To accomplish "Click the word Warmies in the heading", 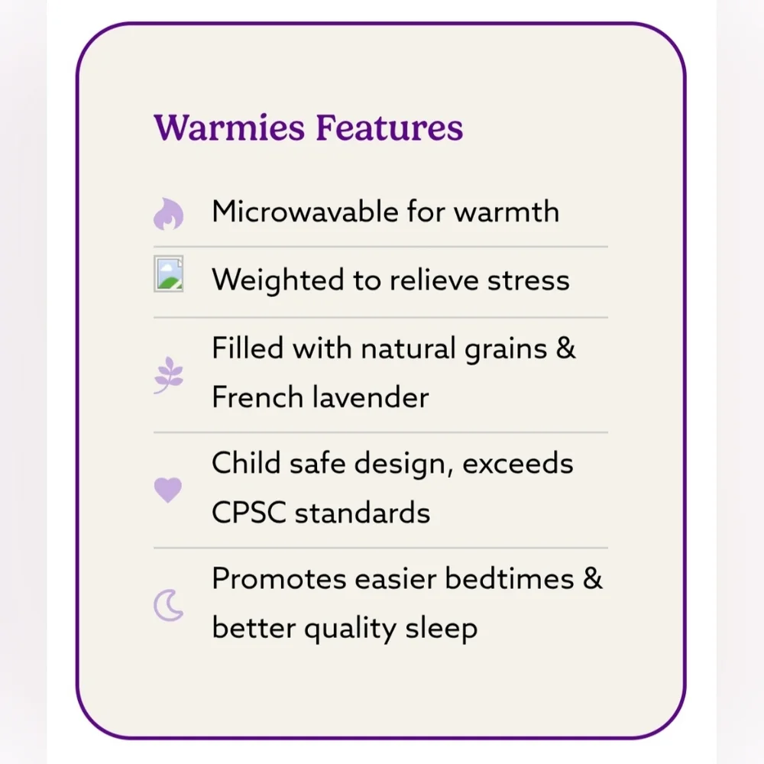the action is (229, 128).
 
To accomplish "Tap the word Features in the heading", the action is (390, 128).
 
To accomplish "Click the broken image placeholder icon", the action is (169, 274).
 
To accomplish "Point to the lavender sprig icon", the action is (169, 375).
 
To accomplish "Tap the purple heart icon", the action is (168, 490).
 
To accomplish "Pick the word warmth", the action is (507, 212).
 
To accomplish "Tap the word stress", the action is (528, 281).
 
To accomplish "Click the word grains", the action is (506, 350).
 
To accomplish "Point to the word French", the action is (257, 397).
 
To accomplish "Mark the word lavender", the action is (371, 397).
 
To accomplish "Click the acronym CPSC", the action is (249, 513).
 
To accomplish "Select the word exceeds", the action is (517, 464).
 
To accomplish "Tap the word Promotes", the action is (279, 579).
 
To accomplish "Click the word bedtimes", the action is (510, 579).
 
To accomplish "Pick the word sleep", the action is (442, 629).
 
